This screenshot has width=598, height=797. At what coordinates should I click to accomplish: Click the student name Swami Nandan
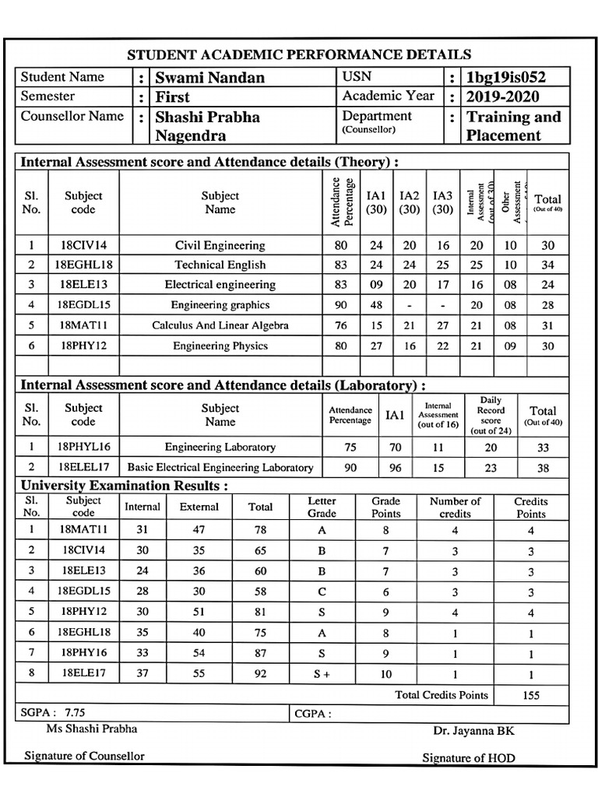click(x=209, y=77)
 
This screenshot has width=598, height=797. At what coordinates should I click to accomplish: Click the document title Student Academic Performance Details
click(x=299, y=54)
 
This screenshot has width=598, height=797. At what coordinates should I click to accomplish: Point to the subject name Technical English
click(x=220, y=265)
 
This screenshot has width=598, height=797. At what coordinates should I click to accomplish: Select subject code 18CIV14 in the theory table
click(x=83, y=245)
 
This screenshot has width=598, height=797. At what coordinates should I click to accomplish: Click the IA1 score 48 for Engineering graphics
click(x=376, y=305)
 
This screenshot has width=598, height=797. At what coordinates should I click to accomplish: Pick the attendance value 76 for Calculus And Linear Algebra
click(x=341, y=325)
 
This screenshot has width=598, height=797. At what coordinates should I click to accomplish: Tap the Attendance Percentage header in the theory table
click(x=342, y=202)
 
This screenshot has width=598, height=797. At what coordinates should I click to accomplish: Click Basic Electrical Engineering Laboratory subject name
click(x=220, y=468)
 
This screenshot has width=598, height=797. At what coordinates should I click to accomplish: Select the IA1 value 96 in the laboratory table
click(x=396, y=468)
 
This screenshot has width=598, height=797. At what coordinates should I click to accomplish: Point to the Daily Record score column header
click(x=491, y=415)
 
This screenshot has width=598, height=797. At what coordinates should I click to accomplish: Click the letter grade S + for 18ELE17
click(x=322, y=675)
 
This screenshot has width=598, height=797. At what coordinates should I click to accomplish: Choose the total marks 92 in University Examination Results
click(x=260, y=675)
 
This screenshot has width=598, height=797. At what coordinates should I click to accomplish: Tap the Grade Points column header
click(x=385, y=507)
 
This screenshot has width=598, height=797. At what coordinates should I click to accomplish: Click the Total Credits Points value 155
click(x=531, y=695)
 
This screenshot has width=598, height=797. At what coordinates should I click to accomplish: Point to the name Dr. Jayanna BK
click(x=473, y=731)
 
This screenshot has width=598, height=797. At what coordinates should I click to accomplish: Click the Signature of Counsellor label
click(x=84, y=756)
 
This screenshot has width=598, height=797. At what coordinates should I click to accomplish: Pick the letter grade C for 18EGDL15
click(x=322, y=591)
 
